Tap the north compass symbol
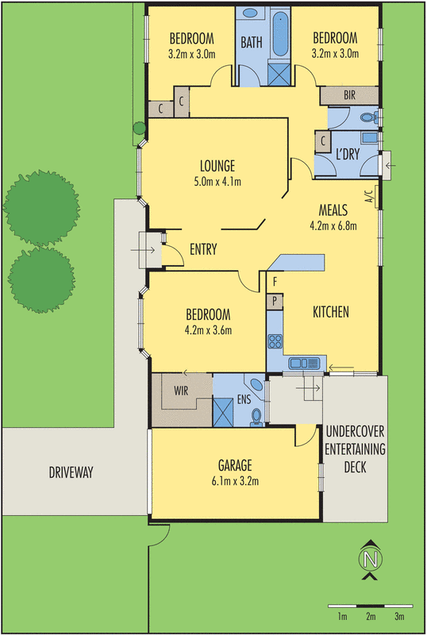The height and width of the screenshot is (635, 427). pyautogui.click(x=368, y=560)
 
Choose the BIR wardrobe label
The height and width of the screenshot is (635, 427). pyautogui.click(x=349, y=95)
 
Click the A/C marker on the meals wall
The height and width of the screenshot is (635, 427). pyautogui.click(x=368, y=196)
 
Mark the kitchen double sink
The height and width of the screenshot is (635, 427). pyautogui.click(x=305, y=364)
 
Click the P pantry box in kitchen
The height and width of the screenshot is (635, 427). pyautogui.click(x=275, y=301)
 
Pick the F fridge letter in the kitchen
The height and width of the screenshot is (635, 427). pyautogui.click(x=275, y=282)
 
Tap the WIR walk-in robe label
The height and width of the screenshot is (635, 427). pyautogui.click(x=181, y=390)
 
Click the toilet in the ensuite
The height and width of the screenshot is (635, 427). pyautogui.click(x=256, y=416)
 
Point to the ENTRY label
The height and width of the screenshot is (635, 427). pyautogui.click(x=203, y=250)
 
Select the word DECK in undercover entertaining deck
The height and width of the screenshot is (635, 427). pyautogui.click(x=355, y=468)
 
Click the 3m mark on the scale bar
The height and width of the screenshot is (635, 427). pyautogui.click(x=399, y=617)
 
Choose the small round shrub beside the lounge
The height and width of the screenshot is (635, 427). pyautogui.click(x=139, y=127)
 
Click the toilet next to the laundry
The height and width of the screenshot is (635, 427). pyautogui.click(x=367, y=118)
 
